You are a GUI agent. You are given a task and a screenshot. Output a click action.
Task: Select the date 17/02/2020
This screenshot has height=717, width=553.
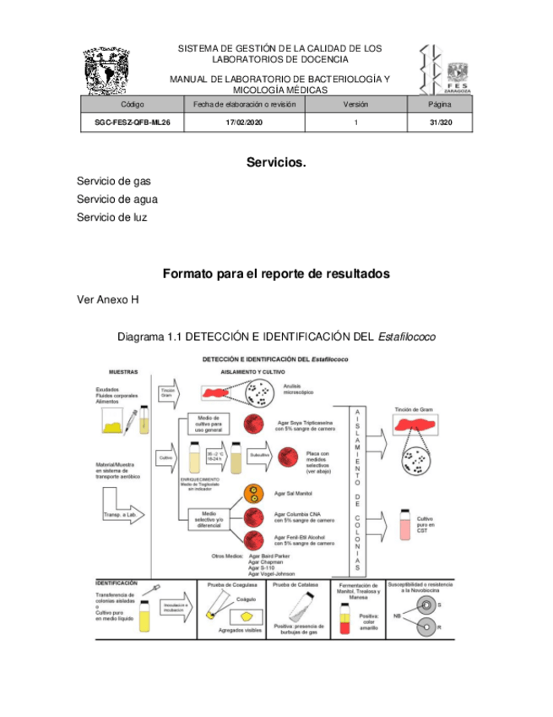(244, 123)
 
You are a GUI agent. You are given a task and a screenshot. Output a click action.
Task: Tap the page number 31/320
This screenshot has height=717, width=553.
(440, 123)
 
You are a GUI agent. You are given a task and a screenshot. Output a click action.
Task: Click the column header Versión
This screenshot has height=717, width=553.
(355, 104)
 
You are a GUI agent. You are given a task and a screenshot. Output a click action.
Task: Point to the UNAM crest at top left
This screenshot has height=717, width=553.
(107, 71)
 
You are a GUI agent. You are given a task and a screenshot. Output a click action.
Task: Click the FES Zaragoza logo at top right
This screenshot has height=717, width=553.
(446, 69)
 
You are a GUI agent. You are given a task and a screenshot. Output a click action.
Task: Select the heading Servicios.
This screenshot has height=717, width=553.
(276, 161)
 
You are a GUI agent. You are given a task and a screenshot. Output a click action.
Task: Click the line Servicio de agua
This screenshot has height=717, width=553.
(117, 200)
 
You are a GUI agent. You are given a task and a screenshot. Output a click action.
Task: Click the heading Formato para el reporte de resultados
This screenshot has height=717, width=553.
(276, 274)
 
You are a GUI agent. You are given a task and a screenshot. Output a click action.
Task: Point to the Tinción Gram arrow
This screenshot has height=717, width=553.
(169, 392)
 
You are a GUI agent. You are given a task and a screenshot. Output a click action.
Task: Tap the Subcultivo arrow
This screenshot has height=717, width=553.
(261, 457)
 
